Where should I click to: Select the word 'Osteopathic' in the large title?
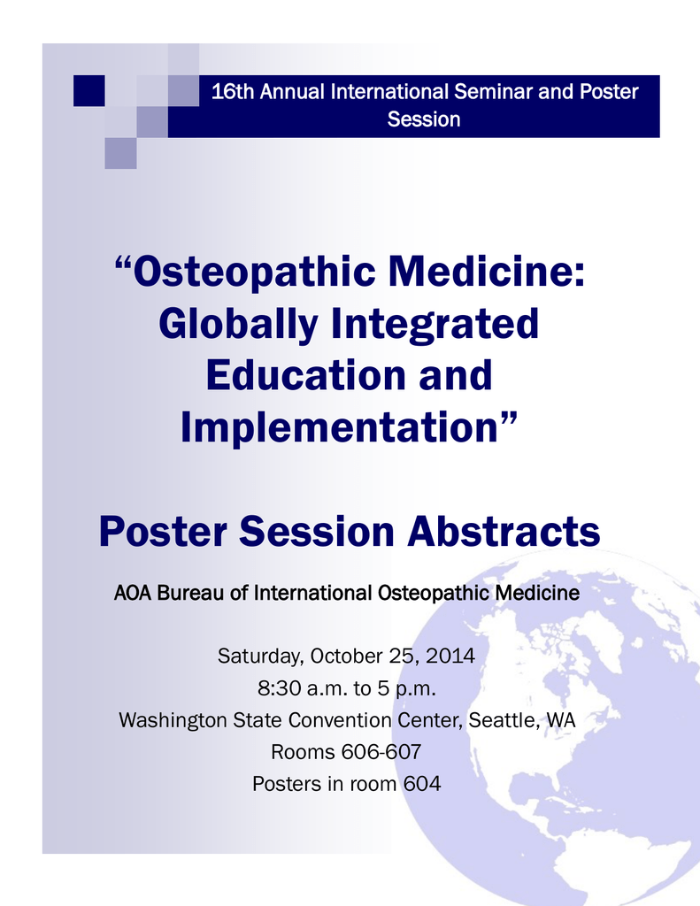(x=254, y=273)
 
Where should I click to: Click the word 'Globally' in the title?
(x=238, y=325)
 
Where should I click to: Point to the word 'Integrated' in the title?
(x=435, y=324)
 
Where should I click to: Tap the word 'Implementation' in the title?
(x=339, y=427)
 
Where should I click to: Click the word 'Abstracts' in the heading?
(x=504, y=531)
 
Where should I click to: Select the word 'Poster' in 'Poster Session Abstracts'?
(x=163, y=531)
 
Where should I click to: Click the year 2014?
(x=450, y=656)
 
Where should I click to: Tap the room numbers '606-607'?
(x=381, y=752)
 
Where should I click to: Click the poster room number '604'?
(x=422, y=784)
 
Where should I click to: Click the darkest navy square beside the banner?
(x=89, y=91)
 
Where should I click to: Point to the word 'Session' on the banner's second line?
(x=424, y=119)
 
